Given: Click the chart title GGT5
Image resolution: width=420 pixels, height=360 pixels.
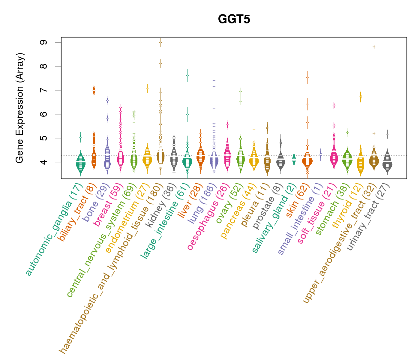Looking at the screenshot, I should click(x=234, y=19).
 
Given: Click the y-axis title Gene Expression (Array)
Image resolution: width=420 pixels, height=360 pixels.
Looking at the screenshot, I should click(x=20, y=108).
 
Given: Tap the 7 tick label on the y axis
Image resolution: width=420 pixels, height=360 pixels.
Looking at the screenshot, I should click(x=44, y=90).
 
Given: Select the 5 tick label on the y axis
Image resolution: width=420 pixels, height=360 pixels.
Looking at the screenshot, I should click(x=44, y=138).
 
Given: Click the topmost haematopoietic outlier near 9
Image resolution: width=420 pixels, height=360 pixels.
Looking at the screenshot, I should click(x=160, y=42).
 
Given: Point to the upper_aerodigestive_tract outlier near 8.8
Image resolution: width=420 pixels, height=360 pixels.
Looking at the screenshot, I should click(x=374, y=47).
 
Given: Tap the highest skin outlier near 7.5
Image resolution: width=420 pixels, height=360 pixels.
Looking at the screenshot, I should click(x=307, y=77).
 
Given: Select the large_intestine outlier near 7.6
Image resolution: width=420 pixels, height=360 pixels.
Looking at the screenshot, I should click(x=187, y=76).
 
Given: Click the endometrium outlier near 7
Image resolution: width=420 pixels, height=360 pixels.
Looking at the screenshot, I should click(x=147, y=88).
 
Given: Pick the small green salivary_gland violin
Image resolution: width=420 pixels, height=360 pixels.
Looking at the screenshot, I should click(x=294, y=159).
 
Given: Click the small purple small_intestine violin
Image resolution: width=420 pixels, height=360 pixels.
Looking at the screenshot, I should click(x=320, y=155).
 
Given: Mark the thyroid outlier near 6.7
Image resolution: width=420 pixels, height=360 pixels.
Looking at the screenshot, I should click(x=361, y=97).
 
